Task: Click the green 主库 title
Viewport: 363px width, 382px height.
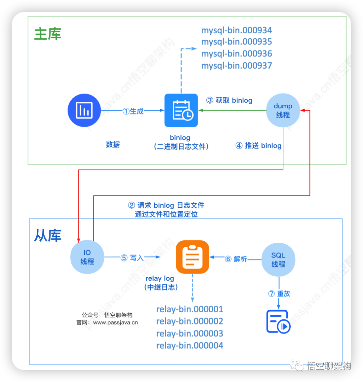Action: pos(48,34)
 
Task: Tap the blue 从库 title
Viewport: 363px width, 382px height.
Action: pos(48,236)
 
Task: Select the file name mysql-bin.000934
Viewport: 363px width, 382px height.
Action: pos(237,30)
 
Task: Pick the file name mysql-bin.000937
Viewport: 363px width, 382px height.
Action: pos(237,66)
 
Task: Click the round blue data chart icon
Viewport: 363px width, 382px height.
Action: pos(84,110)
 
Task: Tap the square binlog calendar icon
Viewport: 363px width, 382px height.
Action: pos(181,110)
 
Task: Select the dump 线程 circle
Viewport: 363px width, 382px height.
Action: pos(283,110)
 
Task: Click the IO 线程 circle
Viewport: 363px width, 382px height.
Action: pos(87,257)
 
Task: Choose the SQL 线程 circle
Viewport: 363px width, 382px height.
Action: pos(278,260)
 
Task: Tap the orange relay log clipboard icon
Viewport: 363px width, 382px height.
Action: pos(193,257)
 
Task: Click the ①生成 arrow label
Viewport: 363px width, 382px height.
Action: pos(133,111)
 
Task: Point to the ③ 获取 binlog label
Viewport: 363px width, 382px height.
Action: pos(229,100)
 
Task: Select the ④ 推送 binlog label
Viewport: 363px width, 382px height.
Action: pos(258,146)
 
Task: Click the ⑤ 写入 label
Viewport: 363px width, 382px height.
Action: pos(132,258)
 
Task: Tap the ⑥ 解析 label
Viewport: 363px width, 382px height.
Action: pos(236,259)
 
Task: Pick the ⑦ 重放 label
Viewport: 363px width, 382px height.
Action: pos(279,293)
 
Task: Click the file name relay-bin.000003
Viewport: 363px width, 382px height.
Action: pos(190,334)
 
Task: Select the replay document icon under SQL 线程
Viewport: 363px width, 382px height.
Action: pos(278,321)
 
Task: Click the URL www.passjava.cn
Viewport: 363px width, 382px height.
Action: pos(115,322)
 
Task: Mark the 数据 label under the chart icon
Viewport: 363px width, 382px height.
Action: pos(113,145)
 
